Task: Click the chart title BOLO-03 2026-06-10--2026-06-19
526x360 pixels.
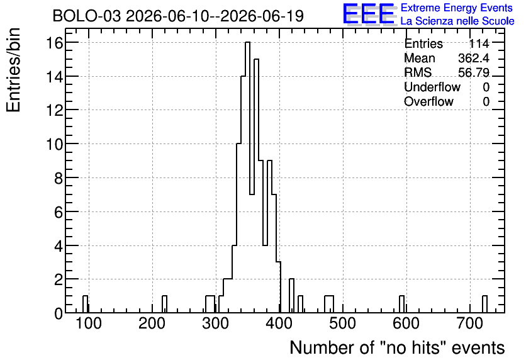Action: point(178,16)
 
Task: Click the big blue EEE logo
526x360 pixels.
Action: point(369,14)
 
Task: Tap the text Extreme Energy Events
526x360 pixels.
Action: point(457,8)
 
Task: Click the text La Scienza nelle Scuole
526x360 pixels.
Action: point(457,21)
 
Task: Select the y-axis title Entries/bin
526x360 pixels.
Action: point(13,70)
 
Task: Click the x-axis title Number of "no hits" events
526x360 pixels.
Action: point(397,347)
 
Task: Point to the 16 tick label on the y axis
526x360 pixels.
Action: point(55,43)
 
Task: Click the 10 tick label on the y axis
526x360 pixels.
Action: point(55,144)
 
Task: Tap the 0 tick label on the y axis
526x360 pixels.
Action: point(59,313)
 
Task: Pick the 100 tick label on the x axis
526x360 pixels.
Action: point(89,323)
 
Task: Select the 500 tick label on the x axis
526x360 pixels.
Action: point(342,323)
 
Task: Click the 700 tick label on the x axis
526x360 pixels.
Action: point(469,323)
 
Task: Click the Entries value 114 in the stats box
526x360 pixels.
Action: point(479,43)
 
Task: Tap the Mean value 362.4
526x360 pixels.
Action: point(474,58)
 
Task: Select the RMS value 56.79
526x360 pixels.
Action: point(474,72)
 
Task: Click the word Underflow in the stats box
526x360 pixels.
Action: point(432,87)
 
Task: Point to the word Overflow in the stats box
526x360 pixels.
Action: point(428,101)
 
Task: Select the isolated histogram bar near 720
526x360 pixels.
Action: point(484,305)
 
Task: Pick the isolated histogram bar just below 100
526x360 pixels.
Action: point(85,305)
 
